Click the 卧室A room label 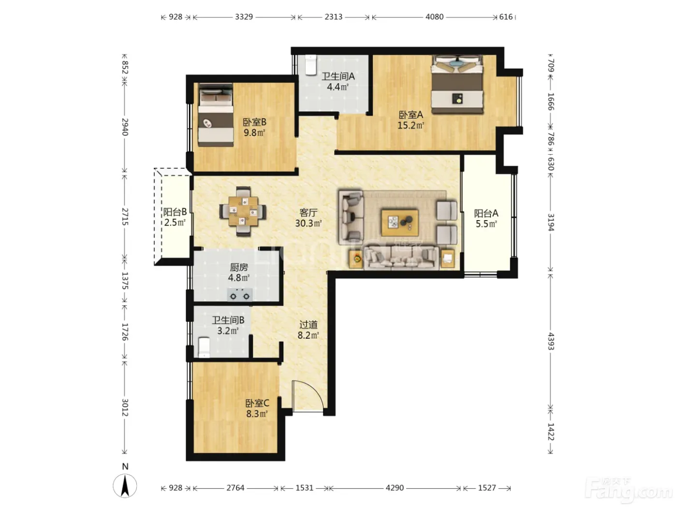point(411,115)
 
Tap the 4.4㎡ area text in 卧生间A point(338,87)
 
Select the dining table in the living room point(243,211)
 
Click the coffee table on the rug point(399,223)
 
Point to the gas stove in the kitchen point(240,295)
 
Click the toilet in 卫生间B point(204,347)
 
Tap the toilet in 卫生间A point(310,65)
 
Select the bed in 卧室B point(215,115)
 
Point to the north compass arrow point(125,486)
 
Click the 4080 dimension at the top point(434,17)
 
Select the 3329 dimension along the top point(244,17)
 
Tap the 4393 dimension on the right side point(550,341)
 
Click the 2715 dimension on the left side point(125,217)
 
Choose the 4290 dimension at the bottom point(395,488)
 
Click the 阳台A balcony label point(486,213)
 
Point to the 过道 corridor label point(308,325)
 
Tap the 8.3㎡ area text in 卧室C point(257,414)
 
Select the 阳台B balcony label point(175,212)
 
